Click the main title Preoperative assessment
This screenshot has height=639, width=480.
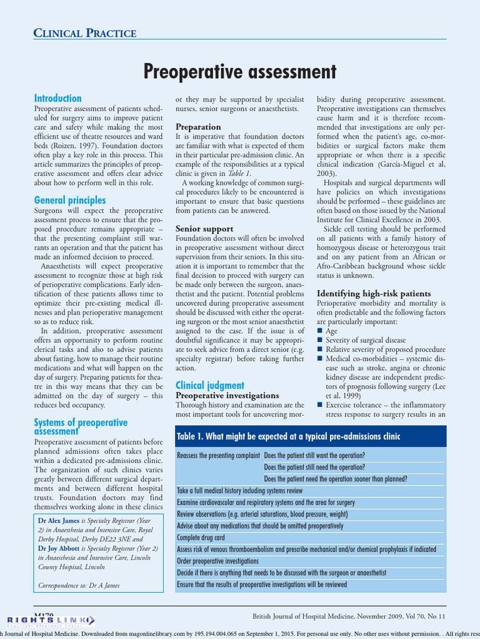(x=240, y=72)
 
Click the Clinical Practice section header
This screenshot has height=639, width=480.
(x=85, y=33)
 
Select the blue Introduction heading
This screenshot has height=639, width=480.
(x=57, y=98)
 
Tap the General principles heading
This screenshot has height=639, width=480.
(x=69, y=200)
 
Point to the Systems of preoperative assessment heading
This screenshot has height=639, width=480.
(x=80, y=426)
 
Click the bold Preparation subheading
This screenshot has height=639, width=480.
(x=198, y=127)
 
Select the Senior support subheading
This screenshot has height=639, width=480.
(x=204, y=228)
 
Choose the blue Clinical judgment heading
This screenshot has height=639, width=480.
(x=209, y=385)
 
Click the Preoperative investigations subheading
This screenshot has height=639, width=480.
(x=227, y=396)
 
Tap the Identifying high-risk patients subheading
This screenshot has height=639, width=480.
(x=374, y=293)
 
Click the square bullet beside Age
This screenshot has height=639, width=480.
(x=320, y=331)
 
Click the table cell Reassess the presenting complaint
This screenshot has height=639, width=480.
(x=218, y=456)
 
